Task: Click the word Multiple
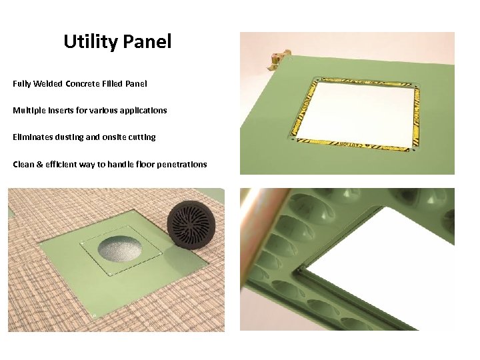pyautogui.click(x=28, y=111)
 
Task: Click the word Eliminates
pyautogui.click(x=32, y=137)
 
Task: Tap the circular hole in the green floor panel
pyautogui.click(x=120, y=249)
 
